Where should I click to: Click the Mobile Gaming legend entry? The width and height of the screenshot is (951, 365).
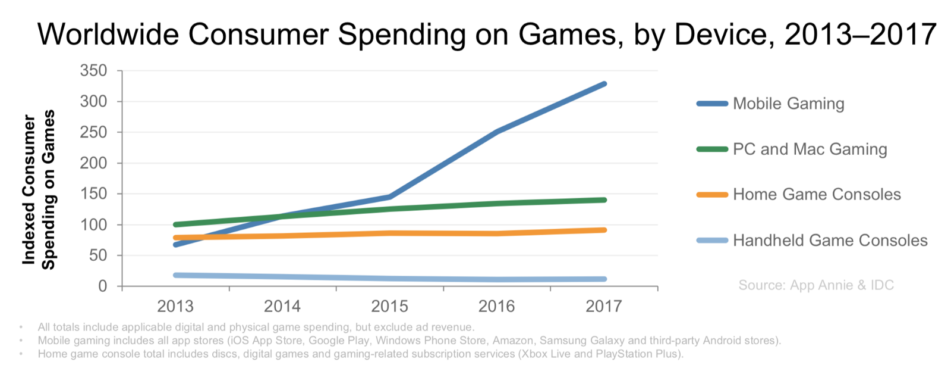coord(788,104)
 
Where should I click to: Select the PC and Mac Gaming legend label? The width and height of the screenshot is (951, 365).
coord(810,149)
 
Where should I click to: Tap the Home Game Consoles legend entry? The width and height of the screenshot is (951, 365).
coord(817,195)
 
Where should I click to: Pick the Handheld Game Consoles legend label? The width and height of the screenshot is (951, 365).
coord(830,241)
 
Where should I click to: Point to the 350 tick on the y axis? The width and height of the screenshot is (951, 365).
coord(93,71)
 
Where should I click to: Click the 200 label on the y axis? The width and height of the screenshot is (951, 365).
coord(93,163)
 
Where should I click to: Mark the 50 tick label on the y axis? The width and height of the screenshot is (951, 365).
coord(97,255)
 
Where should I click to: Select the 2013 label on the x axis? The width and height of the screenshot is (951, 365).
coord(175,306)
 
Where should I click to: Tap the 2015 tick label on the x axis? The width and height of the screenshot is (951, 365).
coord(389,306)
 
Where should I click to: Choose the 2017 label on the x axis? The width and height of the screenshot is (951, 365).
coord(604,306)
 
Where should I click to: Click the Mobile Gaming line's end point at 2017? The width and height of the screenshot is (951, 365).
coord(604,84)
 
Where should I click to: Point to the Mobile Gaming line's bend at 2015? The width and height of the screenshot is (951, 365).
coord(390,196)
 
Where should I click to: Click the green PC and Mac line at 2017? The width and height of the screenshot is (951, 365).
coord(604,200)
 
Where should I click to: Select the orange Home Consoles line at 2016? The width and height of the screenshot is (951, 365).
coord(497,233)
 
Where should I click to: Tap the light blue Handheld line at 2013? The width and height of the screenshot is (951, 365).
coord(176,275)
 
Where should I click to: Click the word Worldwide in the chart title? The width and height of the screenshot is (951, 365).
coord(108,34)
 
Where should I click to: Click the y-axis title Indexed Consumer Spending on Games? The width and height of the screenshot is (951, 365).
coord(39,189)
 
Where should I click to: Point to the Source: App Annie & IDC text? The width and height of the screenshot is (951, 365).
coord(815,285)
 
